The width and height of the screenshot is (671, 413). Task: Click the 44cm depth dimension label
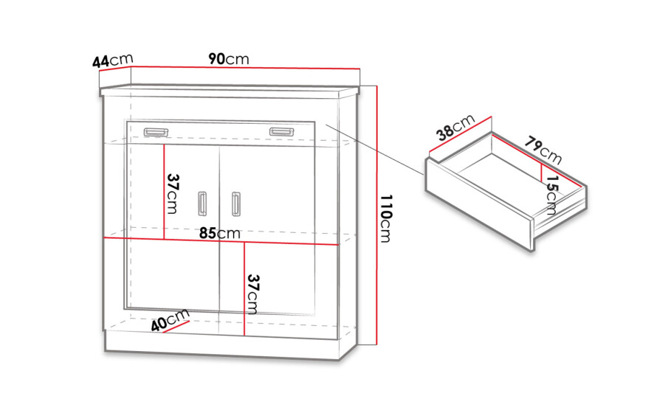click(x=112, y=60)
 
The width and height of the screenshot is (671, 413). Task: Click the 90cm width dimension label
click(x=229, y=59)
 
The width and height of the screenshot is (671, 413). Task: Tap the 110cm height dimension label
click(x=385, y=218)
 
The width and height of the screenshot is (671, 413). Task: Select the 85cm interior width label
click(x=219, y=233)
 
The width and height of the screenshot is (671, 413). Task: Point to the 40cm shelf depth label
click(x=171, y=320)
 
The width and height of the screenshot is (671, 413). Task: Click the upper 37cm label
click(x=173, y=193)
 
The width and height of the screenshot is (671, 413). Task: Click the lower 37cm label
click(x=253, y=294)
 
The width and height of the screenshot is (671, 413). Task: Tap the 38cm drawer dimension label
click(x=455, y=128)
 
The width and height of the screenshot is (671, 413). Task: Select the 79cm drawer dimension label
click(x=543, y=150)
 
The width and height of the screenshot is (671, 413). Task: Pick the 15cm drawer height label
click(x=552, y=195)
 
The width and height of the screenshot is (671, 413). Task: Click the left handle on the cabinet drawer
click(x=156, y=132)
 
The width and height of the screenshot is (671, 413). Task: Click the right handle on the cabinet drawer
click(x=281, y=131)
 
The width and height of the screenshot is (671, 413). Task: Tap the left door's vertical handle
click(x=202, y=204)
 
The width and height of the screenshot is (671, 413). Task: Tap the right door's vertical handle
click(x=235, y=204)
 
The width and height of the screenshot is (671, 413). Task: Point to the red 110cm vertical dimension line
click(x=376, y=215)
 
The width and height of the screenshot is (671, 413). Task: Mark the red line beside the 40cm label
click(x=176, y=327)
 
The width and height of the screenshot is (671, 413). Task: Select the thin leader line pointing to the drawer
click(x=375, y=149)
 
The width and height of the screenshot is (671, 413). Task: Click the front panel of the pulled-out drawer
click(x=479, y=204)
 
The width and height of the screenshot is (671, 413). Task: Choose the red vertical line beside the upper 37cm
click(x=165, y=192)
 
